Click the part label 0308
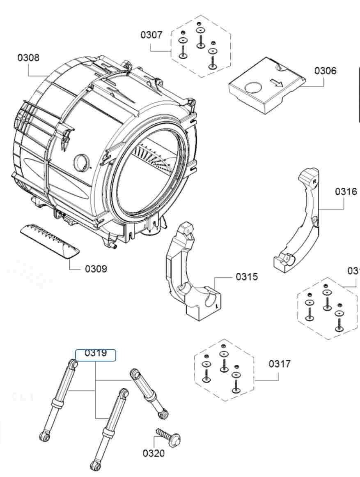click(x=28, y=58)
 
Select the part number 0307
click(x=151, y=35)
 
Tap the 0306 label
click(x=325, y=71)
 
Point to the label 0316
click(x=346, y=191)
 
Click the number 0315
click(x=247, y=277)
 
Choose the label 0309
click(x=96, y=269)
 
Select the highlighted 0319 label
click(x=96, y=353)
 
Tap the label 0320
click(x=154, y=453)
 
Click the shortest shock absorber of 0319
click(x=148, y=392)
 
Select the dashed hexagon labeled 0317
click(x=223, y=370)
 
